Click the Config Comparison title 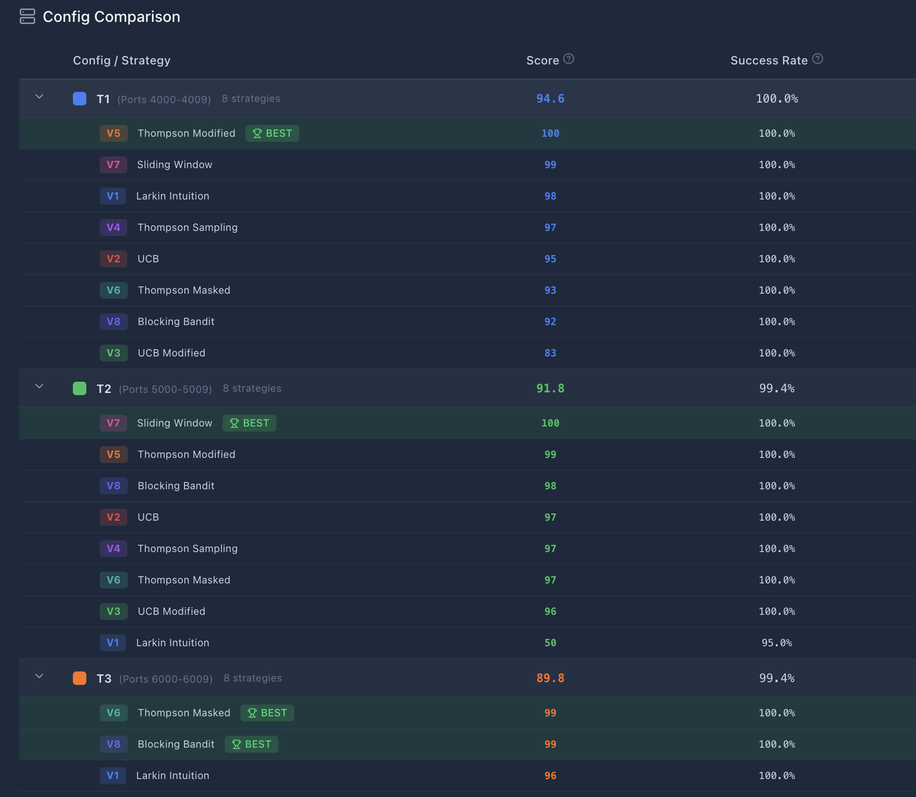[x=111, y=17]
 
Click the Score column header [x=542, y=61]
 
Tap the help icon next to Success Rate [x=817, y=59]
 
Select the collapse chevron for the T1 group [x=39, y=97]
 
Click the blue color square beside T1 [x=80, y=99]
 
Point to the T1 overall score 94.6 [x=550, y=99]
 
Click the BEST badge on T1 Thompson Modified [x=272, y=133]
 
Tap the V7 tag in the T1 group [x=113, y=165]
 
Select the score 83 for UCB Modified [x=550, y=353]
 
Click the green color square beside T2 [x=80, y=388]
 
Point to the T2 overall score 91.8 [x=550, y=388]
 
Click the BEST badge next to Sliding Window [x=249, y=423]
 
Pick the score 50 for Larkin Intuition [x=550, y=643]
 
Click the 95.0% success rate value [x=776, y=643]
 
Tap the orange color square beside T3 [x=80, y=678]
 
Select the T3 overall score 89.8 [x=550, y=678]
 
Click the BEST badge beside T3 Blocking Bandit [x=252, y=744]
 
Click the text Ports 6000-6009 [x=166, y=679]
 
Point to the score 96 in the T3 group [x=550, y=776]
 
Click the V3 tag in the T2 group [x=113, y=611]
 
